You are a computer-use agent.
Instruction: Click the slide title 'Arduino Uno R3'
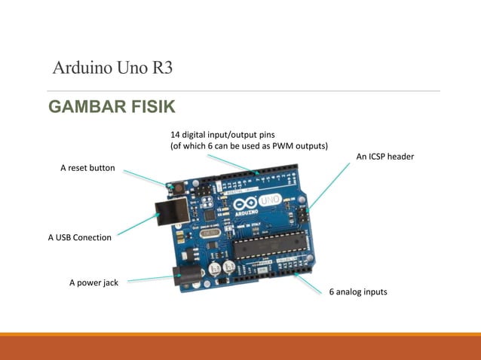click(x=113, y=69)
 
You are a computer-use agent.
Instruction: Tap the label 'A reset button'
click(x=87, y=168)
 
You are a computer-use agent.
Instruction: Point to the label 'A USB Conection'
click(x=80, y=238)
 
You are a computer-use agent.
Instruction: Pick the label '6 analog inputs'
click(x=357, y=291)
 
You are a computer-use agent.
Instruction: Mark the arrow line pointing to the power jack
click(x=151, y=279)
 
